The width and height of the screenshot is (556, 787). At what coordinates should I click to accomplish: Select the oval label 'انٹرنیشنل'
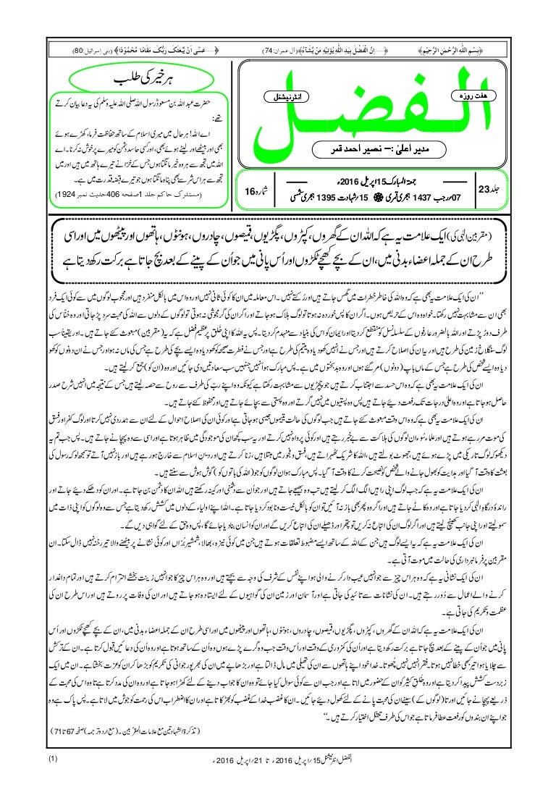(274, 95)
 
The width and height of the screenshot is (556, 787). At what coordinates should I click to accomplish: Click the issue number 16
(250, 192)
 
